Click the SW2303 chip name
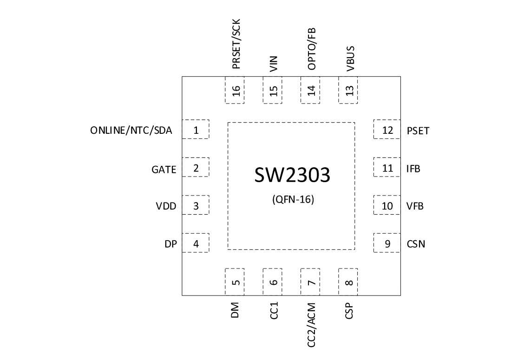(292, 175)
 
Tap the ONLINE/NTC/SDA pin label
(131, 131)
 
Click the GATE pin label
(164, 170)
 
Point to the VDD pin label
(166, 206)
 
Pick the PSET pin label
(418, 131)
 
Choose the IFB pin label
(413, 169)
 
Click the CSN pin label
(416, 243)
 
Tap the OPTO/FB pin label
(311, 48)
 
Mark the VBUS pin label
(350, 58)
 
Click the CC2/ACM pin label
(311, 325)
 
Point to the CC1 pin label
(274, 310)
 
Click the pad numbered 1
(196, 130)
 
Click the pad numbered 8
(349, 281)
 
